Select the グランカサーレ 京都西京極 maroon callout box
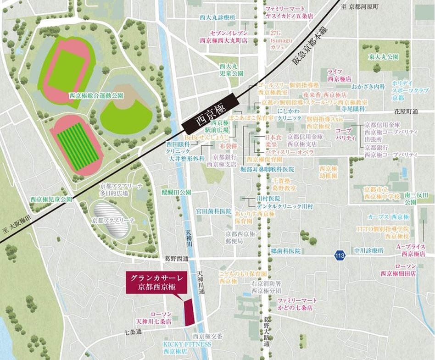(x=156, y=282)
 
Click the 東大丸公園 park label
(x=383, y=57)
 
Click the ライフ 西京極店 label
(x=339, y=75)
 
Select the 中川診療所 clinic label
(x=368, y=251)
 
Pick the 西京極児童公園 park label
(x=51, y=199)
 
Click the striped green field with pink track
(x=76, y=144)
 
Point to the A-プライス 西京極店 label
(x=410, y=250)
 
